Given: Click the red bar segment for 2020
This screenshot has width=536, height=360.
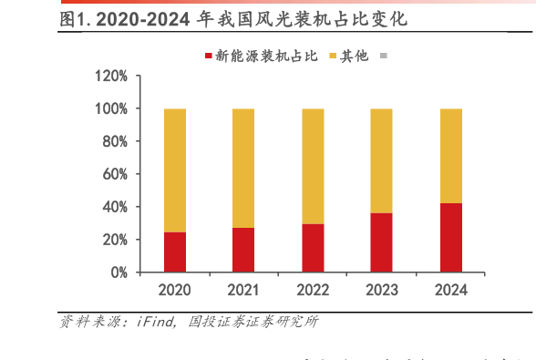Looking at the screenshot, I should pyautogui.click(x=175, y=252).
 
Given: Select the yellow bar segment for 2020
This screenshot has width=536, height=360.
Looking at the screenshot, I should pyautogui.click(x=175, y=170).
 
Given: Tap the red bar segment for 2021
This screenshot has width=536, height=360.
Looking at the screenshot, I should pyautogui.click(x=243, y=249).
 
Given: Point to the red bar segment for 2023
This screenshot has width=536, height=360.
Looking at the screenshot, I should pyautogui.click(x=381, y=242).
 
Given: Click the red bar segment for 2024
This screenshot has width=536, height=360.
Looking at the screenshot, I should pyautogui.click(x=450, y=237).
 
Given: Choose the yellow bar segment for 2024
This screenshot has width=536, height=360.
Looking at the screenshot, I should pyautogui.click(x=450, y=156).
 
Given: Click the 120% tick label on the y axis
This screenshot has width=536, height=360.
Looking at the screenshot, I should pyautogui.click(x=112, y=76).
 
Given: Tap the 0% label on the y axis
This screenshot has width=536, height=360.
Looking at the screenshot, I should pyautogui.click(x=119, y=273).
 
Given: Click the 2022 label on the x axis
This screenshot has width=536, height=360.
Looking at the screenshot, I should pyautogui.click(x=313, y=290).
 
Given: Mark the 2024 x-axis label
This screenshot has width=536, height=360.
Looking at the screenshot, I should pyautogui.click(x=450, y=290).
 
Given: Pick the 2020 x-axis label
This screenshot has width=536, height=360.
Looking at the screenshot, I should pyautogui.click(x=175, y=290).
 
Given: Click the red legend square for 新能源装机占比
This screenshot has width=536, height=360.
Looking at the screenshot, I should pyautogui.click(x=208, y=56).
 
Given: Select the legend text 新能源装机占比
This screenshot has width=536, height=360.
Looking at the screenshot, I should pyautogui.click(x=266, y=56).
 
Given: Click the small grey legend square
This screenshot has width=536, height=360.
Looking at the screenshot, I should pyautogui.click(x=384, y=56).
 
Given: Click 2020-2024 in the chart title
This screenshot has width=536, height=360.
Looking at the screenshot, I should pyautogui.click(x=137, y=19).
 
